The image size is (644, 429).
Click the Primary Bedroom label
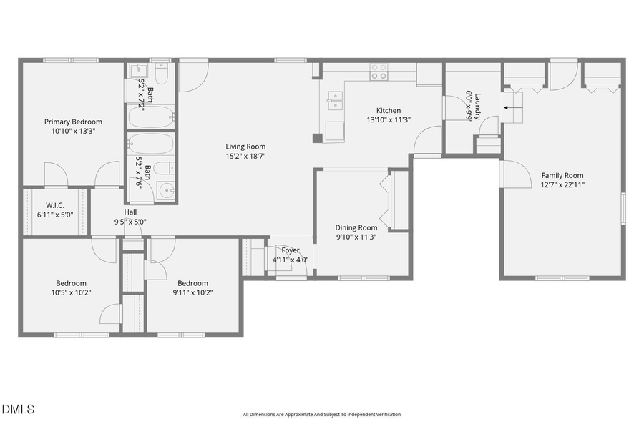click(x=73, y=122)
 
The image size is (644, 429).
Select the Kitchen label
click(x=389, y=111)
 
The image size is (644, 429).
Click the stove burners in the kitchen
click(x=379, y=71)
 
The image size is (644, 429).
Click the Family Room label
click(x=562, y=175)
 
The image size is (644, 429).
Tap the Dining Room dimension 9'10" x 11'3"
click(x=356, y=237)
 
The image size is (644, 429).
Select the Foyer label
click(x=290, y=250)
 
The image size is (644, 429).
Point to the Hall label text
click(x=130, y=212)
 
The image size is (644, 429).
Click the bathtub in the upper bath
click(x=151, y=117)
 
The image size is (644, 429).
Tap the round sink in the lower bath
click(x=166, y=190)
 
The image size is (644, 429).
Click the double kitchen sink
click(x=334, y=102)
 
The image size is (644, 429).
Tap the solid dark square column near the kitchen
click(x=317, y=138)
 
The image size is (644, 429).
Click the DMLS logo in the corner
click(x=19, y=410)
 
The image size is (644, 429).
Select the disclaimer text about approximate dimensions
click(x=321, y=415)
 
